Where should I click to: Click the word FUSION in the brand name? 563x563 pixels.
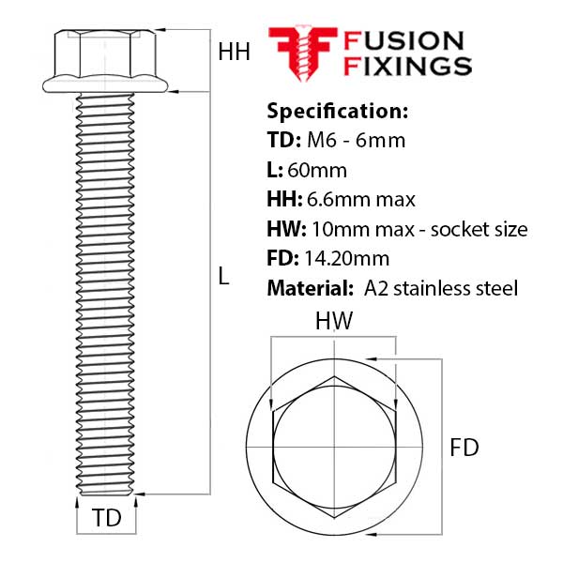(x=403, y=41)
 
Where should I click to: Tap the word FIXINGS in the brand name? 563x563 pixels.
(x=407, y=67)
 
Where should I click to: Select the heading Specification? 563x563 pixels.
(x=338, y=112)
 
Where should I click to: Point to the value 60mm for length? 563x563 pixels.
(x=317, y=170)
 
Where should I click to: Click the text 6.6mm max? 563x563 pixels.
(x=361, y=200)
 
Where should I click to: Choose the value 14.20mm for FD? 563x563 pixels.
(x=347, y=259)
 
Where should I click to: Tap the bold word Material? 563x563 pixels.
(x=311, y=288)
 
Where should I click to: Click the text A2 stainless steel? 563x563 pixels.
(x=441, y=288)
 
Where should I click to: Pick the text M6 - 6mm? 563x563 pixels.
(x=357, y=140)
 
